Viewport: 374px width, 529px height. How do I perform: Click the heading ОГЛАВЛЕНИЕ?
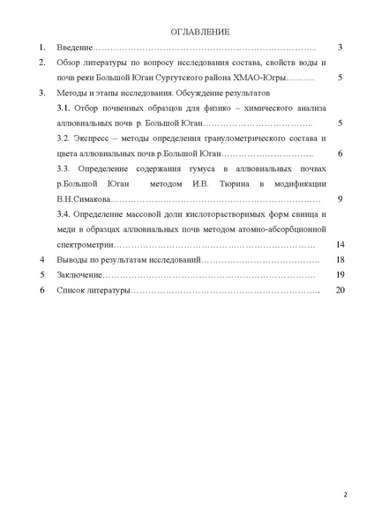point(199,32)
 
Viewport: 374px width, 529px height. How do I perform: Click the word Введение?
point(74,47)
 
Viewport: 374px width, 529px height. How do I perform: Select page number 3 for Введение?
point(340,47)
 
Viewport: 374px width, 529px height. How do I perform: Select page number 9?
point(340,198)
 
